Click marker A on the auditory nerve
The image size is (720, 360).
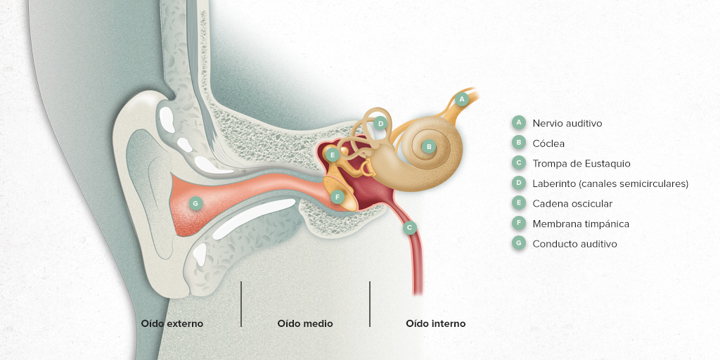coord(463,98)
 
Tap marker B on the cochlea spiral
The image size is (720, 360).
coord(429,146)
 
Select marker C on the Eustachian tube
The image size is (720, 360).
coord(410,227)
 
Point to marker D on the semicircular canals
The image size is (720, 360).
coord(380,123)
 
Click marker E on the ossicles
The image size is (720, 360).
coord(333,155)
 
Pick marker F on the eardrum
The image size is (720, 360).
coord(337,197)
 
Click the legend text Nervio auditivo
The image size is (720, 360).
coord(567,123)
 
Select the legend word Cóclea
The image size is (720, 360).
coord(548,143)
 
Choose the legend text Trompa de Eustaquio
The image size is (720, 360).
coord(581,163)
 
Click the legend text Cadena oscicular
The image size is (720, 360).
coord(572,203)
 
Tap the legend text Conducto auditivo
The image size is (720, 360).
coord(574,244)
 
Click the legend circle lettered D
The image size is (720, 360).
coord(518,184)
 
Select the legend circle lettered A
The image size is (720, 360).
coord(518,122)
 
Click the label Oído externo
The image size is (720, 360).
coord(172,323)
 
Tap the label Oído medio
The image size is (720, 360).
coord(305,323)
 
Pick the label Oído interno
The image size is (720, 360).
coord(435,323)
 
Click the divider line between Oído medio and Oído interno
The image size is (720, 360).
coord(370,304)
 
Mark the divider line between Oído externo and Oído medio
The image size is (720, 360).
coord(241,304)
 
